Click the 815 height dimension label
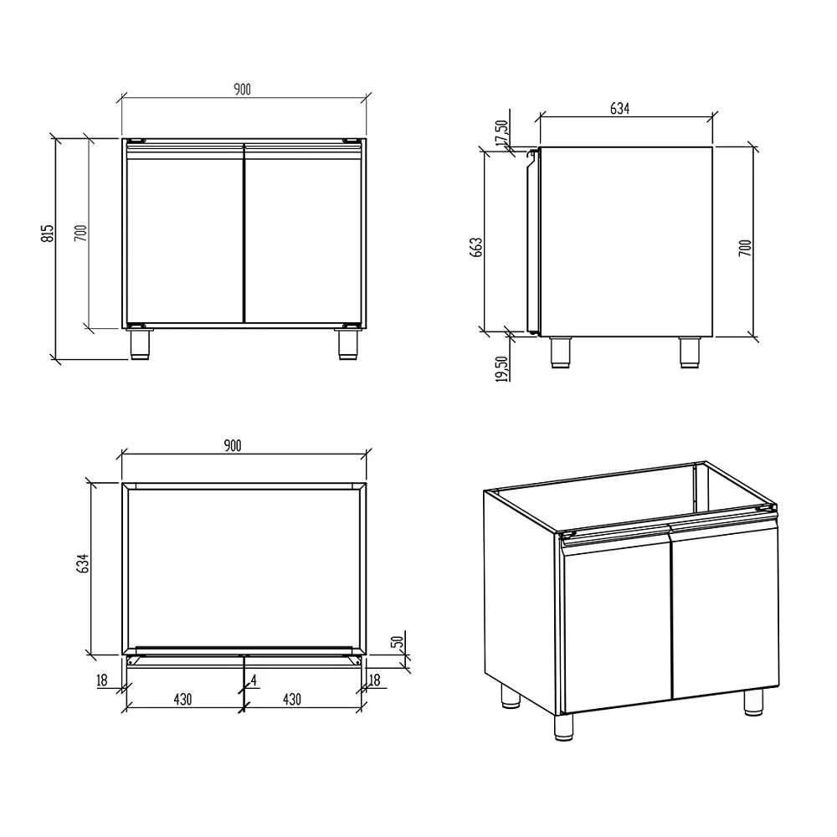pyautogui.click(x=48, y=234)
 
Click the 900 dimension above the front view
pyautogui.click(x=243, y=90)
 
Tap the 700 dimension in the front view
pyautogui.click(x=80, y=234)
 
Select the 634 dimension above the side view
pyautogui.click(x=619, y=109)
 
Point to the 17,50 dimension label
pyautogui.click(x=501, y=132)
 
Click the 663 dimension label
pyautogui.click(x=476, y=247)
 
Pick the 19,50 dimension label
pyautogui.click(x=501, y=369)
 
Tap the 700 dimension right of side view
pyautogui.click(x=745, y=248)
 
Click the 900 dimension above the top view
pyautogui.click(x=233, y=445)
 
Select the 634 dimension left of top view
pyautogui.click(x=83, y=563)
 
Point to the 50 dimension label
pyautogui.click(x=397, y=641)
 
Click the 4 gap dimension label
pyautogui.click(x=254, y=680)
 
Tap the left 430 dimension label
pyautogui.click(x=182, y=699)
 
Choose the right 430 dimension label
pyautogui.click(x=292, y=699)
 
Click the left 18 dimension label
pyautogui.click(x=102, y=680)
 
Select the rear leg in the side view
pyautogui.click(x=689, y=352)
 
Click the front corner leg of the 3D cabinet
pyautogui.click(x=563, y=727)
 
